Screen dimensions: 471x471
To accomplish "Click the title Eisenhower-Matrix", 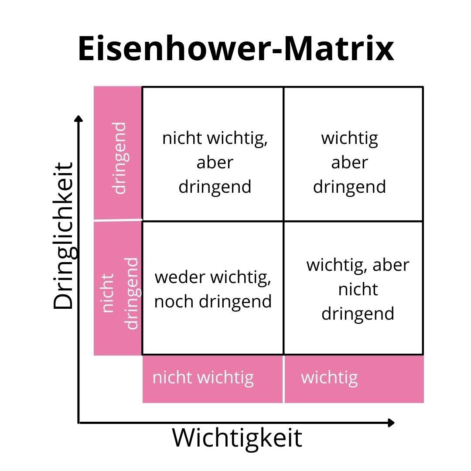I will [x=235, y=49].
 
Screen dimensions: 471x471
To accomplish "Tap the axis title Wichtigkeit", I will [x=237, y=437].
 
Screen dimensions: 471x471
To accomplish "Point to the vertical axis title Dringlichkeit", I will [x=64, y=235].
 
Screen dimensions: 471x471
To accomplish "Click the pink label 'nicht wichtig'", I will [x=203, y=377].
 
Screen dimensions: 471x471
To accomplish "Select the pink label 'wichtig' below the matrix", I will [x=329, y=377].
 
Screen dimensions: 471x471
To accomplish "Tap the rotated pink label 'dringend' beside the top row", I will [x=119, y=157].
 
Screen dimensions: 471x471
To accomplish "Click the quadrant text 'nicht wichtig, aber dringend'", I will [x=215, y=162].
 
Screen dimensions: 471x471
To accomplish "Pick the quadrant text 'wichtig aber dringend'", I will [x=349, y=162].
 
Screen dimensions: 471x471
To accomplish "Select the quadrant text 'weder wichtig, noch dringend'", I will [x=213, y=289].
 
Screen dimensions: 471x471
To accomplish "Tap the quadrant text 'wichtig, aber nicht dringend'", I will [x=358, y=289].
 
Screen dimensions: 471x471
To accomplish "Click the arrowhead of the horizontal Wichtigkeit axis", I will [x=391, y=423].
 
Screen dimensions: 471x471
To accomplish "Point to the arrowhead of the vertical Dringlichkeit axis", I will [x=78, y=119].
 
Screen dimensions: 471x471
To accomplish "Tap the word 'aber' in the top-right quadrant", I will [x=349, y=162].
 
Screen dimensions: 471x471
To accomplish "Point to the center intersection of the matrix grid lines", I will [x=283, y=221].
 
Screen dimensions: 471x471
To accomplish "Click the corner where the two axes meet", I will [x=79, y=423].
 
